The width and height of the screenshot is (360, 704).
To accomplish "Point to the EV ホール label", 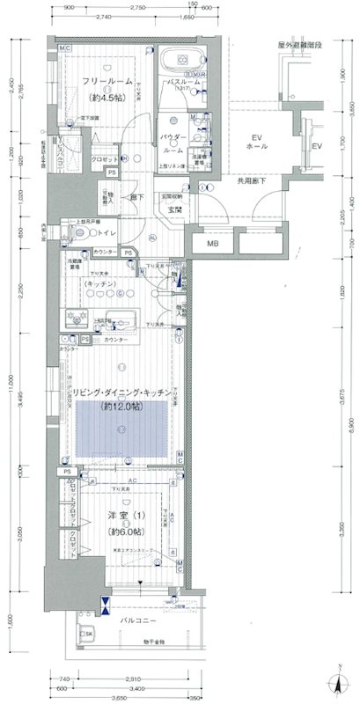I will (257, 143).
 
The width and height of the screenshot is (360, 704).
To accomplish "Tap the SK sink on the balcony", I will (88, 633).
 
